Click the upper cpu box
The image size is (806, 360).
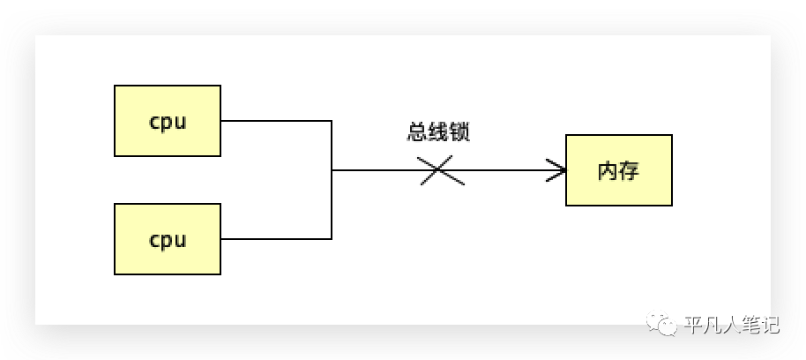(168, 120)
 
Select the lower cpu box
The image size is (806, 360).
(168, 238)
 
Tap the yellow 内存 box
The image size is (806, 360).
(618, 170)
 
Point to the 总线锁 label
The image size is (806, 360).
(438, 132)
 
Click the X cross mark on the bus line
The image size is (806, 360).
(442, 170)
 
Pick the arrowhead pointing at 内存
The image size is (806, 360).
(557, 170)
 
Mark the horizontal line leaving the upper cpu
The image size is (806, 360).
(275, 121)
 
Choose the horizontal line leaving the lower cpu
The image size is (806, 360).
(275, 238)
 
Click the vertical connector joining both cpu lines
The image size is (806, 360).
(332, 180)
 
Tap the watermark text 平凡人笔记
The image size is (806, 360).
(731, 325)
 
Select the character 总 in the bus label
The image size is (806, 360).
(417, 132)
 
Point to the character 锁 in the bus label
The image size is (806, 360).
(459, 132)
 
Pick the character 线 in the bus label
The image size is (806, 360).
(438, 132)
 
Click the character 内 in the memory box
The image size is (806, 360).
(608, 171)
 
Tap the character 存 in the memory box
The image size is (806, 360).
(629, 171)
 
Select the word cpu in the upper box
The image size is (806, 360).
(168, 122)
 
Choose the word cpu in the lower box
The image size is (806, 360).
(168, 240)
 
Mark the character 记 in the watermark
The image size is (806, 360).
(770, 325)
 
